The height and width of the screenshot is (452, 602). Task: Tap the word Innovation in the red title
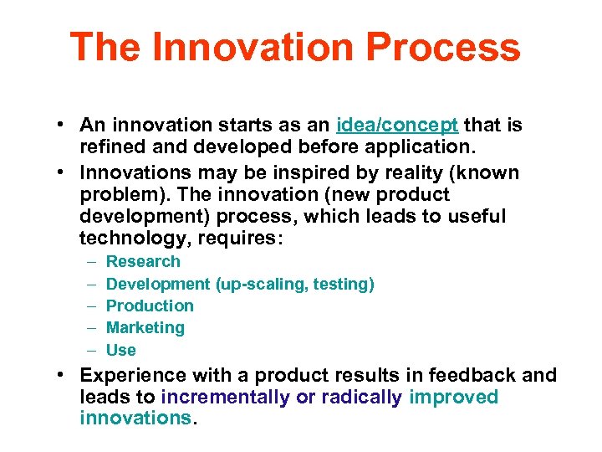pos(248,48)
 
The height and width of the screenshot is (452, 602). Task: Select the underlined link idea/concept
pos(396,126)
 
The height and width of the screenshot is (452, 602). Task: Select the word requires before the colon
pos(243,239)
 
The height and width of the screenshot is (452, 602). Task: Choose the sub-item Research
pos(143,262)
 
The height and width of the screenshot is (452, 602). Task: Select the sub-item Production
pos(150,306)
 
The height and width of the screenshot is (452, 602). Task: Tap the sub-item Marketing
pos(145,328)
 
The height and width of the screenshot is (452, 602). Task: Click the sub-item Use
pos(120,351)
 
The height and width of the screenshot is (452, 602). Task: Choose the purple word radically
pos(361,397)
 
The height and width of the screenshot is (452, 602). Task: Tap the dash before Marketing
pos(90,328)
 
